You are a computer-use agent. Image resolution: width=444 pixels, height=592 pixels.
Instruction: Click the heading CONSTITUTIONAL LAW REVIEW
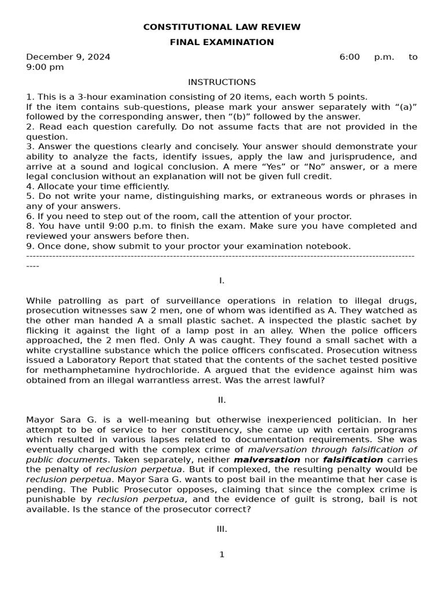click(x=221, y=27)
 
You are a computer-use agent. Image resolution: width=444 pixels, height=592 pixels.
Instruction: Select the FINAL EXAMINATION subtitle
click(x=221, y=42)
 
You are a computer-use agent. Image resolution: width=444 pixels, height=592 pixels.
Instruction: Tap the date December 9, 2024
click(x=68, y=57)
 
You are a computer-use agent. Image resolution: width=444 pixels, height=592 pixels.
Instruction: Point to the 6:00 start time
click(x=349, y=57)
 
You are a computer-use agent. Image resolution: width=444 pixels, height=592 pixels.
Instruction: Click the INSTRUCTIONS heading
click(x=221, y=83)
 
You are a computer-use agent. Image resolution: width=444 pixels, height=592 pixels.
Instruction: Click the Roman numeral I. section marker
click(x=221, y=281)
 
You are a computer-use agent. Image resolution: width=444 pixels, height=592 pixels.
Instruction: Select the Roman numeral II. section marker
click(x=221, y=400)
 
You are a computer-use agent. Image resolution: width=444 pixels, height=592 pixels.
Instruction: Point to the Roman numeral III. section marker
click(x=221, y=529)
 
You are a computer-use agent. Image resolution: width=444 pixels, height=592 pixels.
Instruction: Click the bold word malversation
click(x=267, y=460)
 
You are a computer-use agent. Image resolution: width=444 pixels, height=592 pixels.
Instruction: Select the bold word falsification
click(x=353, y=460)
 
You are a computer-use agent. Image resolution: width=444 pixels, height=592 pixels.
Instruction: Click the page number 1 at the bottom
click(x=221, y=555)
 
